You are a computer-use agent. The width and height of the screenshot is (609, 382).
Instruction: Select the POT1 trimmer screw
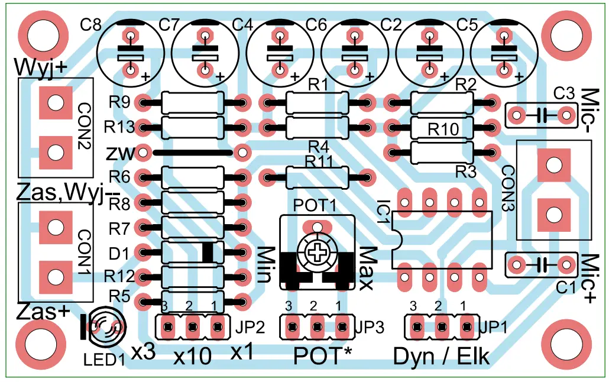[318, 253]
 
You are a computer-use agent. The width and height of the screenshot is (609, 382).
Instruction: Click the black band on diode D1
[208, 252]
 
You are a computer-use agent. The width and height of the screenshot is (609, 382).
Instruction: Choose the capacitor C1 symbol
[542, 263]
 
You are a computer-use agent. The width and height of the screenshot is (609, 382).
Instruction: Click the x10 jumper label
[192, 357]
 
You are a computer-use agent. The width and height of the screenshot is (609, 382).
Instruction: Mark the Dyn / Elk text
[441, 357]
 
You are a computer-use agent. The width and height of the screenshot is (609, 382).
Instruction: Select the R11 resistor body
[316, 176]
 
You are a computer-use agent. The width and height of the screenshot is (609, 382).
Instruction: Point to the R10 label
[443, 129]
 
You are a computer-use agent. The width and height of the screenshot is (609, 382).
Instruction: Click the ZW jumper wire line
[192, 153]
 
